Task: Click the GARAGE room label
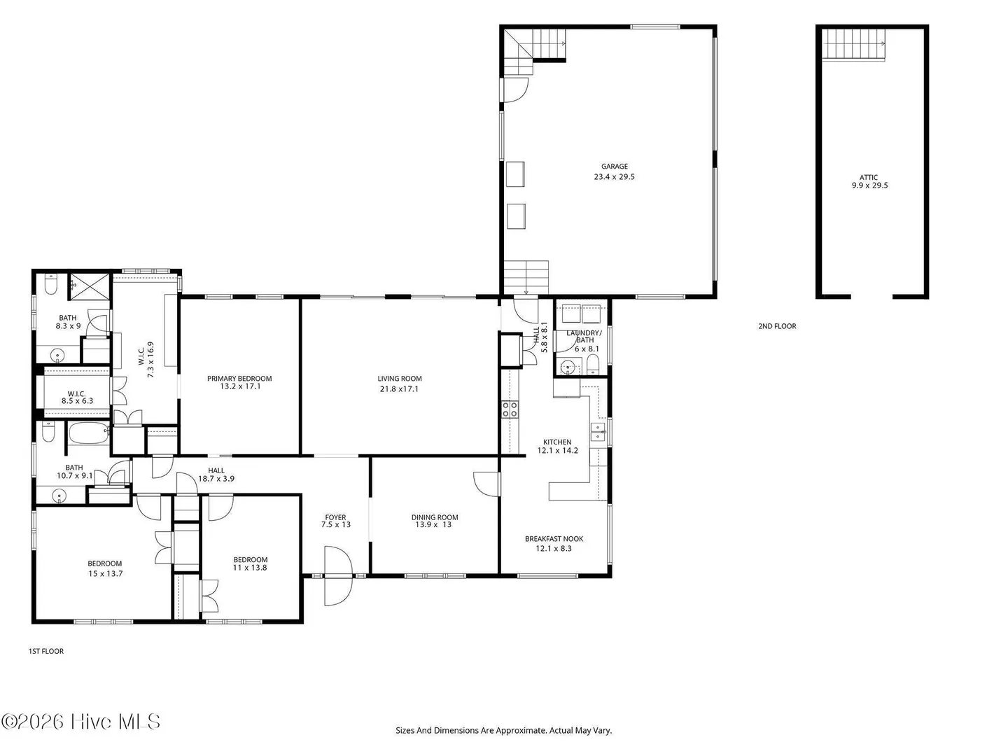(614, 167)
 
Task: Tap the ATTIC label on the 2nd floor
(869, 177)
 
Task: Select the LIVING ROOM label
(400, 379)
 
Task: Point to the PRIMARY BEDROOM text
(239, 379)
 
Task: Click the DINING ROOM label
(435, 517)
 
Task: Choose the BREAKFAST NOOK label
(554, 539)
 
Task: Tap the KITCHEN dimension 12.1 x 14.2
(557, 451)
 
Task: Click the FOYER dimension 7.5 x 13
(336, 525)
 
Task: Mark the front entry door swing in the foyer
(338, 575)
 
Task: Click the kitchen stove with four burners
(510, 409)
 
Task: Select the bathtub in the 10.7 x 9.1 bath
(89, 433)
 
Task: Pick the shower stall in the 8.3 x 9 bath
(90, 287)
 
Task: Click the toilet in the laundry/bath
(594, 365)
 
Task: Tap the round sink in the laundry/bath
(568, 367)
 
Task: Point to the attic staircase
(854, 45)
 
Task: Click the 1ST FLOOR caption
(46, 651)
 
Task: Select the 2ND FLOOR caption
(777, 326)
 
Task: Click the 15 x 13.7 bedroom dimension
(106, 574)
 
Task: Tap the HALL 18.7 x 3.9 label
(216, 475)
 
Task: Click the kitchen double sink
(598, 432)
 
